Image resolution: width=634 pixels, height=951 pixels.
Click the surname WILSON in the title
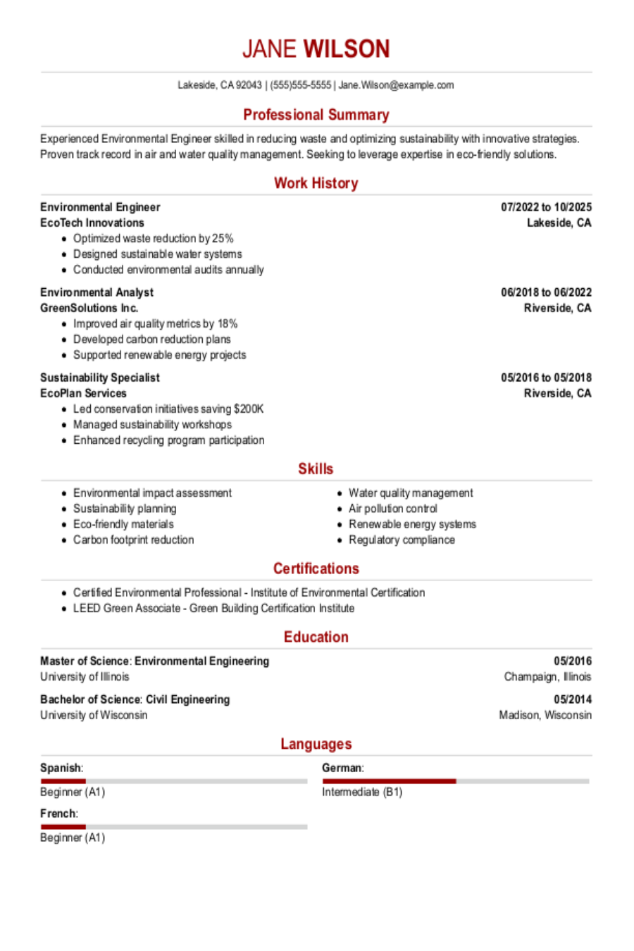click(x=346, y=49)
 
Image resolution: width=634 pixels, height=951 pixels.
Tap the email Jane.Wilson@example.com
click(x=396, y=85)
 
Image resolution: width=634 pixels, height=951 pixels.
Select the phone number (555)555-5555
click(x=301, y=85)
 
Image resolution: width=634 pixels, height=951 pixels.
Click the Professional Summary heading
click(x=316, y=115)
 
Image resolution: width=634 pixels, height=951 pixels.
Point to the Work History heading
click(x=316, y=183)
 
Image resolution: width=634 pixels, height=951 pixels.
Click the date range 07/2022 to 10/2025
click(x=546, y=207)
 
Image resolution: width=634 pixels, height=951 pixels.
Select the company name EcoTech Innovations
click(x=92, y=223)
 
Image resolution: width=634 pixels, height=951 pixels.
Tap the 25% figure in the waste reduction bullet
click(x=223, y=239)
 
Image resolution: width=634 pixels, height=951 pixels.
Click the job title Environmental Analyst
click(x=97, y=292)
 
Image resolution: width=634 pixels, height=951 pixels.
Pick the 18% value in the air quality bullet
click(x=228, y=324)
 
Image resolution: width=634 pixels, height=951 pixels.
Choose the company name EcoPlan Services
click(x=83, y=393)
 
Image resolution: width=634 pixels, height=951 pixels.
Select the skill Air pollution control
click(x=393, y=509)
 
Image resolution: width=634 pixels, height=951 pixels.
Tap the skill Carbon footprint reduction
click(x=134, y=540)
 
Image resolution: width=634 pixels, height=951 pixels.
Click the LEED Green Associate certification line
click(x=213, y=608)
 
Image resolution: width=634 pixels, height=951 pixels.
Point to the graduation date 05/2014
click(x=573, y=700)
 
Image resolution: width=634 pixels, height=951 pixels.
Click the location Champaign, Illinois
click(x=547, y=677)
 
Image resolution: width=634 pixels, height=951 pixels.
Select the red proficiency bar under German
click(x=389, y=781)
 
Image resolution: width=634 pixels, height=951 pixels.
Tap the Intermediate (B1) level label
click(x=362, y=792)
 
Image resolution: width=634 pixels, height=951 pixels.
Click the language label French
click(x=58, y=814)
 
